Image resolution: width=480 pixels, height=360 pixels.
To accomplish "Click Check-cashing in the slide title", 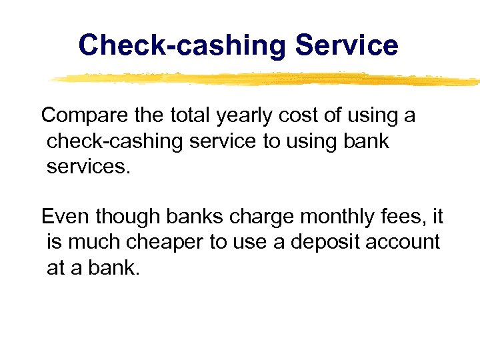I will point(182,46).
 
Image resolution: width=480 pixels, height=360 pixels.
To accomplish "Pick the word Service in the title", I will point(347,46).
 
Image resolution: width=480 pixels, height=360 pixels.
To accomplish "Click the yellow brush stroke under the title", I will point(267,79).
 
